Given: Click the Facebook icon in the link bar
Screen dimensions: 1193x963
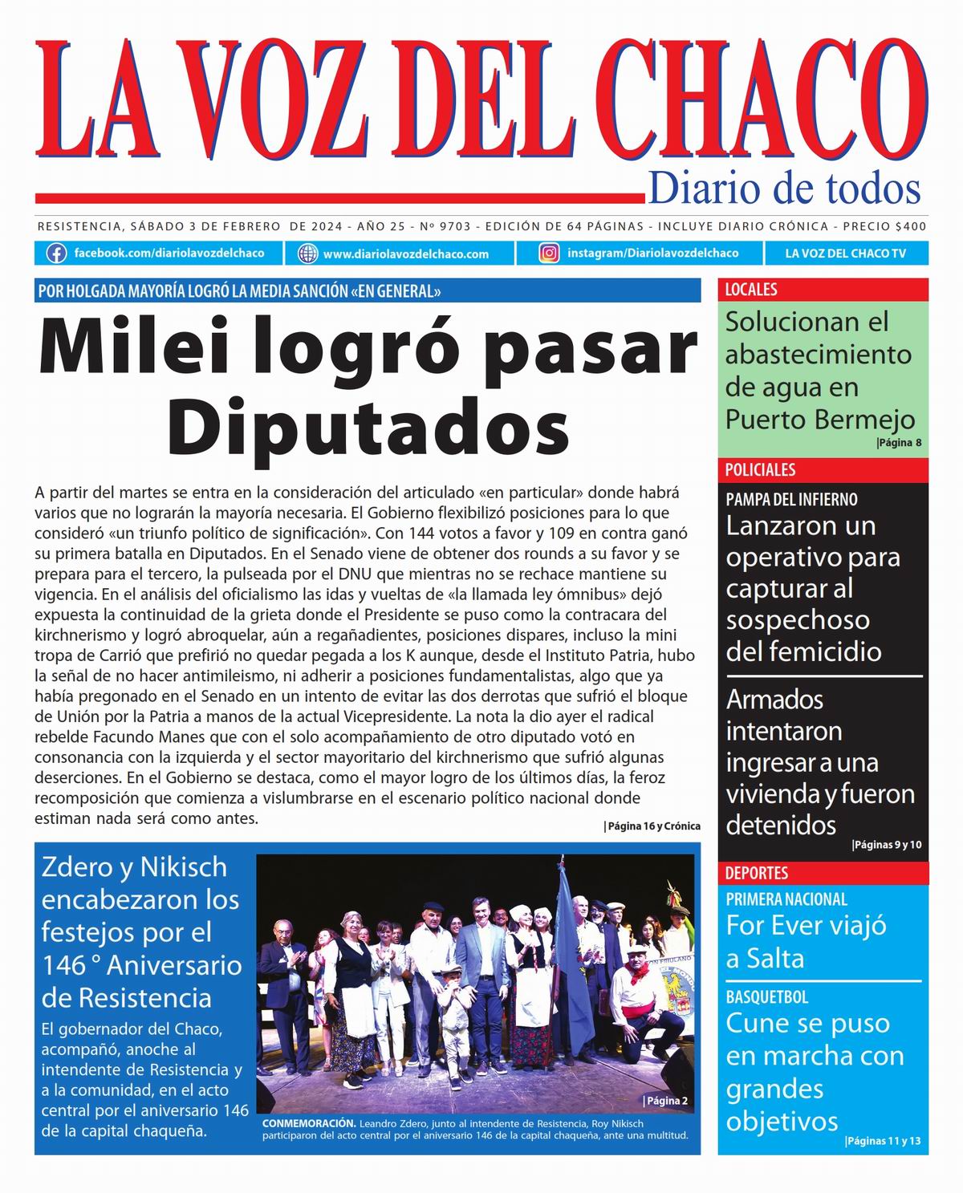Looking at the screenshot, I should tap(56, 254).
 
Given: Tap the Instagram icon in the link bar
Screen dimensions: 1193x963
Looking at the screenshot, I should tap(549, 254).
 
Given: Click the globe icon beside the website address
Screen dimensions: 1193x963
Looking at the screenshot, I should tap(307, 254).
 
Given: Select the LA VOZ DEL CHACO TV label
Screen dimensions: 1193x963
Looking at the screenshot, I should tap(845, 254).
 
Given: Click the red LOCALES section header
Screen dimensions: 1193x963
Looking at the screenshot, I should tap(751, 290).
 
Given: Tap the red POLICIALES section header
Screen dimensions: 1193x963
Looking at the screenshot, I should tap(760, 470).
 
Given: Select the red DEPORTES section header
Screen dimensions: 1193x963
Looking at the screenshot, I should tap(757, 873).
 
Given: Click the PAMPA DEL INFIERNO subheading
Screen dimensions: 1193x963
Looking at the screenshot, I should tap(791, 499).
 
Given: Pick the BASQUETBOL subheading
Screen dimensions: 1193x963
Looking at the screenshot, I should tap(766, 997).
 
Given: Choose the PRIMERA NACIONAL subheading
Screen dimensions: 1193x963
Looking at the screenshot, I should tap(786, 899).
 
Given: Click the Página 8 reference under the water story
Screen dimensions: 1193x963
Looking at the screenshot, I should tap(899, 442).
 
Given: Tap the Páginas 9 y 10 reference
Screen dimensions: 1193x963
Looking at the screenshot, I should tap(887, 845).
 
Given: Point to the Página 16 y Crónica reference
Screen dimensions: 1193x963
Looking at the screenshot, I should tap(652, 826).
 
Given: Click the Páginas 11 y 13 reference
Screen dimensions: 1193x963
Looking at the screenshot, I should tap(883, 1141).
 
